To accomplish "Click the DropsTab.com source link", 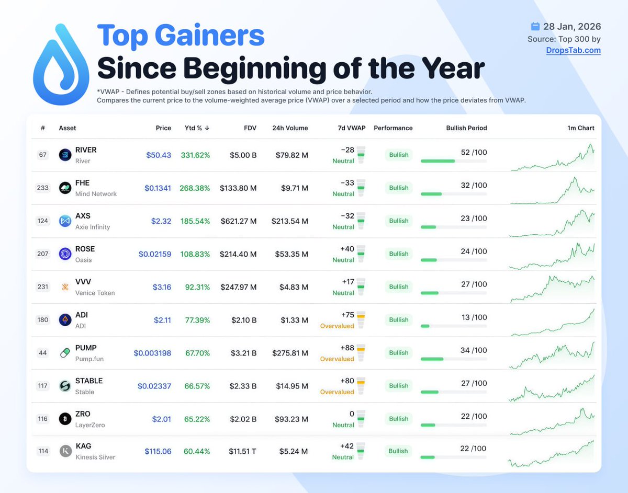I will [x=573, y=50].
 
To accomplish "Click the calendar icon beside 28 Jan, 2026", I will [x=535, y=26].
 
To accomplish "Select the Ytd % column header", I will [x=197, y=128].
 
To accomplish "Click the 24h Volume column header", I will [x=290, y=128].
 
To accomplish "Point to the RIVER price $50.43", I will [x=159, y=155].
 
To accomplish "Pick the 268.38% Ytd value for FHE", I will [x=195, y=188].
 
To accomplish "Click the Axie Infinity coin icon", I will [x=65, y=221].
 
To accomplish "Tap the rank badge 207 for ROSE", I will [x=43, y=254].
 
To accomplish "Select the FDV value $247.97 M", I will [x=239, y=287].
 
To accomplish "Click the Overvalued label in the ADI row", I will [x=337, y=326].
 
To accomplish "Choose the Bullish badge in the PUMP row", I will [x=399, y=353].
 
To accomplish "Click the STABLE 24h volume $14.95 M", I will [x=292, y=386].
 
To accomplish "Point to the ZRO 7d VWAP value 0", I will [x=352, y=414].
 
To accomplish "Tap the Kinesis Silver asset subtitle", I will [x=95, y=457].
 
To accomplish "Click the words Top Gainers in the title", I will [x=181, y=36].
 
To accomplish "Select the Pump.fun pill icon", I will [x=65, y=353].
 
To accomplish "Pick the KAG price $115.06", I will [x=158, y=451].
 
